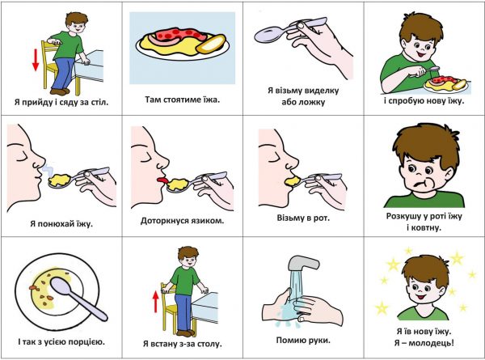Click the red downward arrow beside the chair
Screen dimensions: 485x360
[36, 60]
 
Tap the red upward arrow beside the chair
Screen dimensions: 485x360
[155, 302]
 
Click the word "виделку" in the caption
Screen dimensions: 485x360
[322, 91]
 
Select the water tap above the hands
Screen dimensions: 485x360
[303, 263]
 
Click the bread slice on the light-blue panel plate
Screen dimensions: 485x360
[211, 44]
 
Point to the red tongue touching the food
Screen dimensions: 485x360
[162, 180]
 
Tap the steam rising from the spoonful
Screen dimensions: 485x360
[47, 169]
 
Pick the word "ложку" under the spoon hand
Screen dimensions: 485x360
[312, 102]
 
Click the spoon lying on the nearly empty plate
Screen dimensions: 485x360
[78, 298]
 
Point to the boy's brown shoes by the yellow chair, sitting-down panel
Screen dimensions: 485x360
[60, 91]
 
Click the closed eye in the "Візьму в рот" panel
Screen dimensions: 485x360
[273, 160]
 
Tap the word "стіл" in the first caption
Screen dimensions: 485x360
[100, 102]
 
